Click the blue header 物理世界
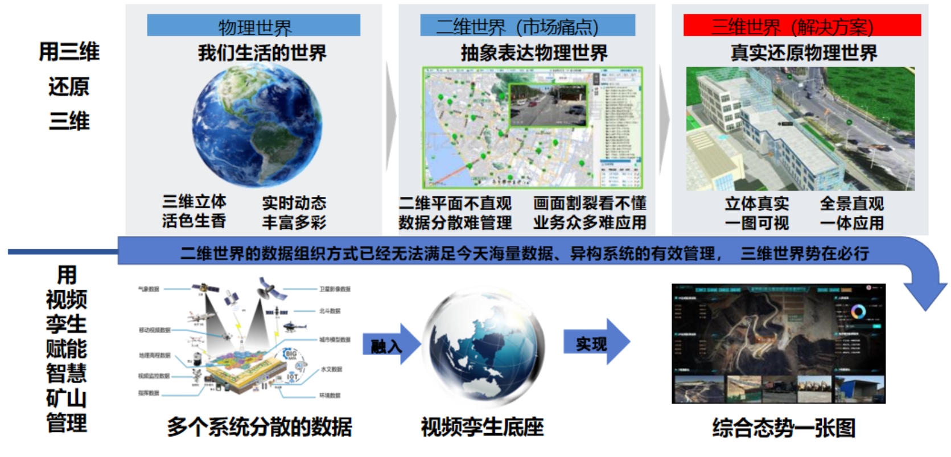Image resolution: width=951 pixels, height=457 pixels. click(x=253, y=26)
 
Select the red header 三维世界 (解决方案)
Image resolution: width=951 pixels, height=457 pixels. click(x=802, y=26)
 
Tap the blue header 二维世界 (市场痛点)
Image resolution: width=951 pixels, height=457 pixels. click(x=527, y=26)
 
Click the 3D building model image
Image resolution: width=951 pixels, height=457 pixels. click(x=800, y=129)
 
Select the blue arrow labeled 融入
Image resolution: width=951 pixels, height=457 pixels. click(x=390, y=344)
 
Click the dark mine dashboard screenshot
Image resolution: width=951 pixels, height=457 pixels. click(x=778, y=343)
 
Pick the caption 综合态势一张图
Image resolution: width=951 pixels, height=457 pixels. click(x=784, y=427)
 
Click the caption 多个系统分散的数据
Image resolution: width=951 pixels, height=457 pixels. click(x=260, y=427)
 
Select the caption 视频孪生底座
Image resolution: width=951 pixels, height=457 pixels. click(x=483, y=427)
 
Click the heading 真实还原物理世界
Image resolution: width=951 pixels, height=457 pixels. click(x=804, y=53)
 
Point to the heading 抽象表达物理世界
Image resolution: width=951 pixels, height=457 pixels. click(x=534, y=53)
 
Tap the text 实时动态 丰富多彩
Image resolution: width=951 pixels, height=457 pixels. click(x=294, y=212)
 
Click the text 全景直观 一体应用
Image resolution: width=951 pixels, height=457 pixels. click(x=851, y=213)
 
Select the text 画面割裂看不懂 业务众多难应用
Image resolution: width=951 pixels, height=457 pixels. click(x=590, y=213)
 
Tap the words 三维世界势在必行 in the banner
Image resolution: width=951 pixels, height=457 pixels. click(x=804, y=253)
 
